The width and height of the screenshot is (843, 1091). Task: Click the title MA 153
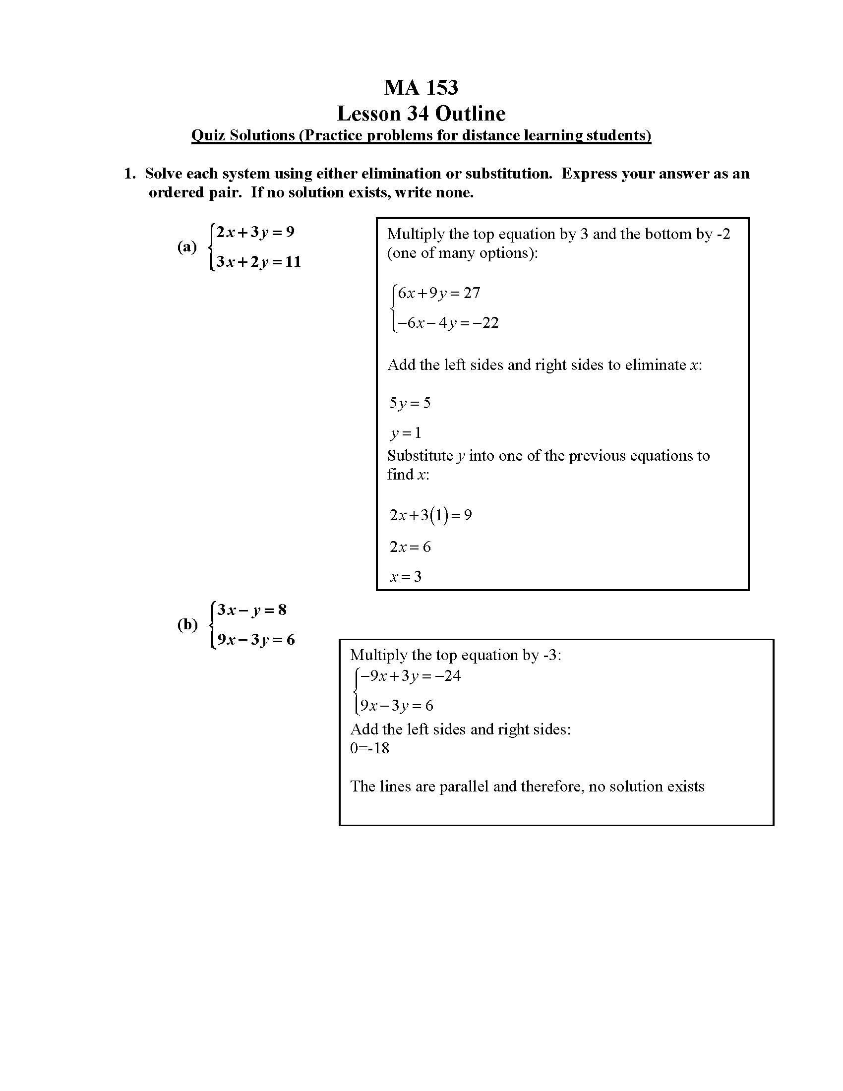pyautogui.click(x=421, y=87)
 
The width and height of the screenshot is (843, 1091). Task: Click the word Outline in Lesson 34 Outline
pyautogui.click(x=470, y=114)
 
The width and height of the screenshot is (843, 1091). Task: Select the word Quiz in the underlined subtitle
pyautogui.click(x=208, y=135)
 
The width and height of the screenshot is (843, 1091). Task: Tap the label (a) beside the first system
pyautogui.click(x=187, y=247)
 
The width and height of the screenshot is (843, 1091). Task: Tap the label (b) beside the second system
pyautogui.click(x=187, y=624)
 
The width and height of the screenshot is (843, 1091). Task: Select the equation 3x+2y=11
pyautogui.click(x=258, y=262)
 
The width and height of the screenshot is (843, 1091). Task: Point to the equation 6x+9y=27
pyautogui.click(x=438, y=293)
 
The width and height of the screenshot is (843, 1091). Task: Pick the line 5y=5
pyautogui.click(x=410, y=403)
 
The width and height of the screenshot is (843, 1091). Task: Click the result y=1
pyautogui.click(x=406, y=432)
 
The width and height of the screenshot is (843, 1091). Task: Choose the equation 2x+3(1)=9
pyautogui.click(x=430, y=515)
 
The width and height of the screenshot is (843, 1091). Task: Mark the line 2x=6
pyautogui.click(x=410, y=547)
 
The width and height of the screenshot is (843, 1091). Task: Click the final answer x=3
pyautogui.click(x=406, y=577)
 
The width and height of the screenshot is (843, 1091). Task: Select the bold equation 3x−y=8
pyautogui.click(x=252, y=610)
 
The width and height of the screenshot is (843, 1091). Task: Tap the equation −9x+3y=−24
pyautogui.click(x=410, y=676)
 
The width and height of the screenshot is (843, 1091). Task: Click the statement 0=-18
pyautogui.click(x=369, y=748)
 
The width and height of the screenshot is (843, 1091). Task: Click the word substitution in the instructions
pyautogui.click(x=508, y=174)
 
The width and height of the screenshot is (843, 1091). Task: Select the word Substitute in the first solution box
pyautogui.click(x=420, y=456)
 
